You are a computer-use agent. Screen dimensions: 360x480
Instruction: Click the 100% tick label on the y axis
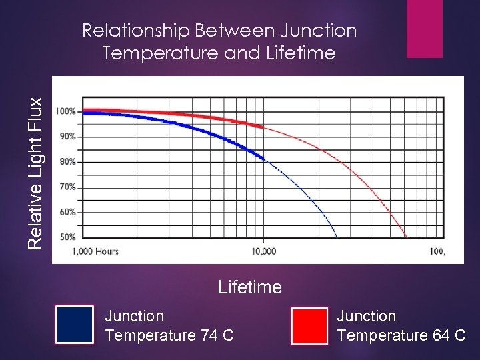(65, 111)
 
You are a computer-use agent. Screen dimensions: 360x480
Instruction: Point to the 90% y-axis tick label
(67, 136)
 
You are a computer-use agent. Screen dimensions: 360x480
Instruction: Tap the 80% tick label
(67, 161)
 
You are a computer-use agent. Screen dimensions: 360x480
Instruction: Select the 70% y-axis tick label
(67, 187)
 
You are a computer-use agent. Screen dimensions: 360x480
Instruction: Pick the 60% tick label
(67, 212)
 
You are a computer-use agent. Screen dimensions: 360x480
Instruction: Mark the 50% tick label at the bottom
(67, 237)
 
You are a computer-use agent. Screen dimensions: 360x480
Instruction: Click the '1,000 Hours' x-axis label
(96, 251)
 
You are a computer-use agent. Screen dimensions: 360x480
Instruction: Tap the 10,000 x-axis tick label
(263, 251)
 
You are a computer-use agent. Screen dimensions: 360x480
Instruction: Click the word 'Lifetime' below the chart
(250, 287)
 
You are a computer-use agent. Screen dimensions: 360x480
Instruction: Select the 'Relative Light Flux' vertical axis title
(36, 173)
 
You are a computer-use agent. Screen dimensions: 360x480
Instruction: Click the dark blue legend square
(74, 325)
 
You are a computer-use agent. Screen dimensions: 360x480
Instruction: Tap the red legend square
(309, 325)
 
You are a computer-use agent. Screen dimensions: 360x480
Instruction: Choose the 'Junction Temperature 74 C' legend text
(169, 325)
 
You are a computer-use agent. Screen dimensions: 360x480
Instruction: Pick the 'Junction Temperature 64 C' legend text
(401, 325)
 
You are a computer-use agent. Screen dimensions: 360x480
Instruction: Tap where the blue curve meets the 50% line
(337, 237)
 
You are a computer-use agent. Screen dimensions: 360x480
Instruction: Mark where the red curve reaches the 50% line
(406, 237)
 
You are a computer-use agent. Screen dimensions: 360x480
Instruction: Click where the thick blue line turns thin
(264, 158)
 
